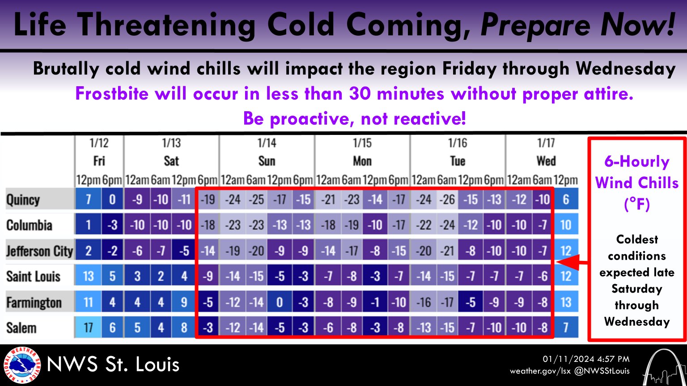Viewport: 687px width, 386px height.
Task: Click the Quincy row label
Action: coord(23,200)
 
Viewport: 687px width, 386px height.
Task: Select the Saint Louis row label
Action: coord(33,277)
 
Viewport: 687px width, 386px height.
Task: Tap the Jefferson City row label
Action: coord(39,251)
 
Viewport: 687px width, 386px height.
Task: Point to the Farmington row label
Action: coord(34,302)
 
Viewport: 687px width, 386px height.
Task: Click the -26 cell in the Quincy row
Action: coord(447,199)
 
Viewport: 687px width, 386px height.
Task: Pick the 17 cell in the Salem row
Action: coord(88,328)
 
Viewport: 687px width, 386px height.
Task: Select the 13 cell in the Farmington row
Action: coord(566,302)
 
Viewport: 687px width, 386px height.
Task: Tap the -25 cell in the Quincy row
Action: coord(256,199)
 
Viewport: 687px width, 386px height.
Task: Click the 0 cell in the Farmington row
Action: coord(280,302)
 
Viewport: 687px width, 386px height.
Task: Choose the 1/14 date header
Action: coord(267,143)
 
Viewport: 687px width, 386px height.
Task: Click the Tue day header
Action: coord(457,161)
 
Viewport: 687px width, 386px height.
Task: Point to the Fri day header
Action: coord(99,161)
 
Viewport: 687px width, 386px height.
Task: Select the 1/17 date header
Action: coord(546,143)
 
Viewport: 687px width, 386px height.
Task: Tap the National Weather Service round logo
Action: coord(22,365)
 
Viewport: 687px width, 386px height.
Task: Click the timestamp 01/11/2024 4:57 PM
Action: coord(586,359)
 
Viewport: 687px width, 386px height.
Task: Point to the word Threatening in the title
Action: coord(166,25)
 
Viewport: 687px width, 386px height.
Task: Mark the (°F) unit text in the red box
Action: coord(637,204)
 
